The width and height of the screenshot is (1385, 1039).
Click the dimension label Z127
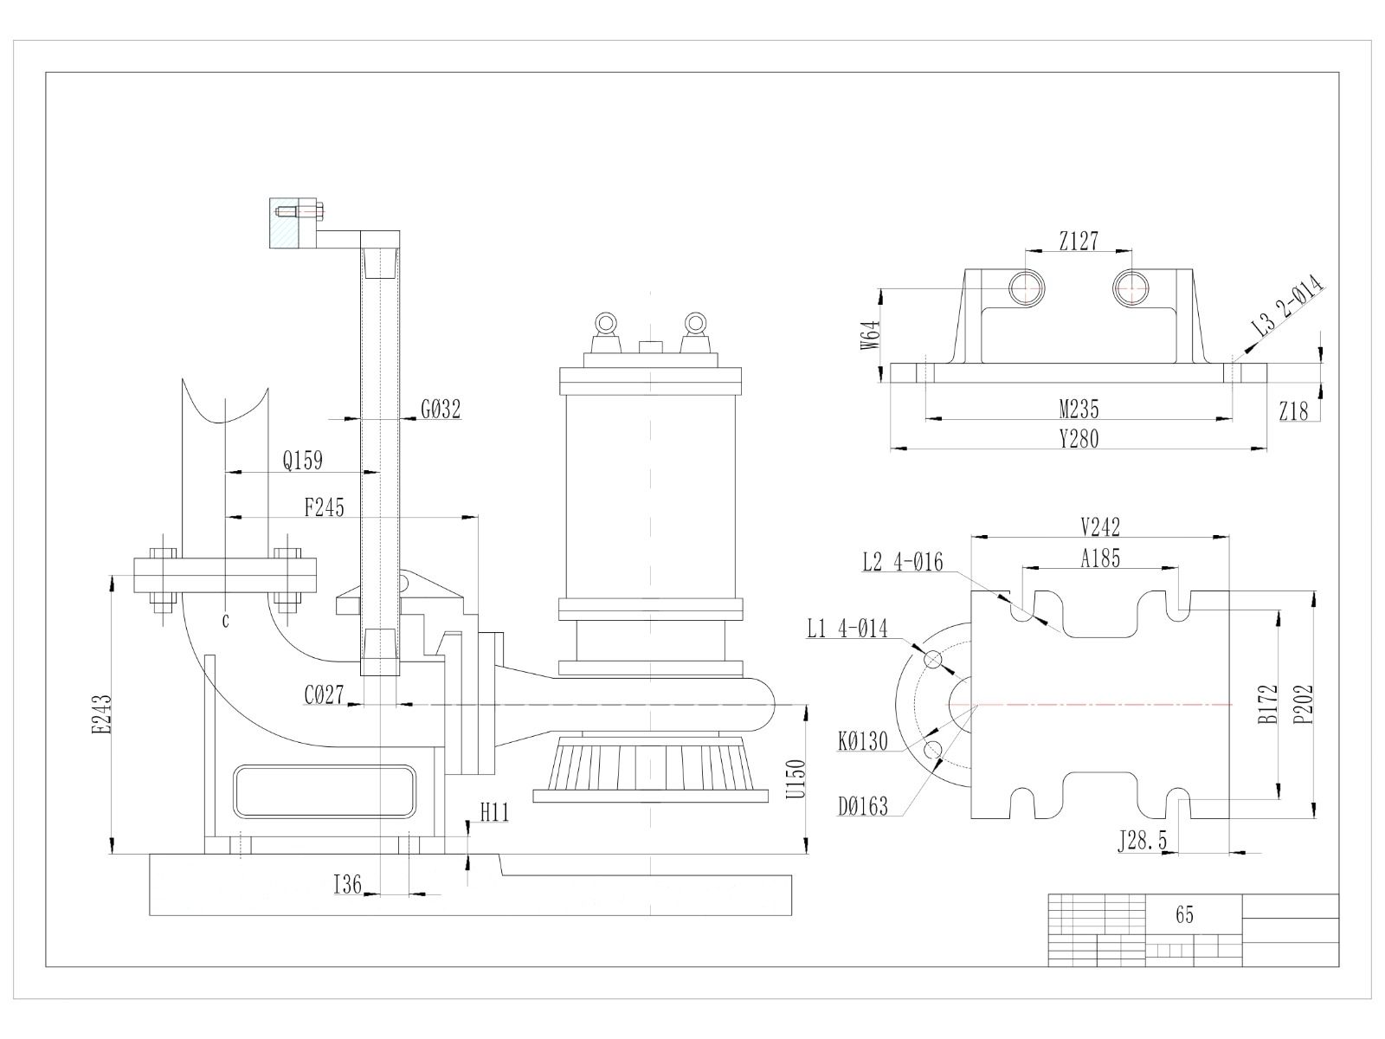point(1079,241)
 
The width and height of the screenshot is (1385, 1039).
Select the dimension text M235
point(1079,410)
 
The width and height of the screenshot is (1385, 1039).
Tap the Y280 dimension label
point(1079,438)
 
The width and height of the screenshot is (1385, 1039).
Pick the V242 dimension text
point(1100,526)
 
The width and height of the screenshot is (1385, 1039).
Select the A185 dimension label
point(1100,558)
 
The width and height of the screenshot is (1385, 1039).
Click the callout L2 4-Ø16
point(902,561)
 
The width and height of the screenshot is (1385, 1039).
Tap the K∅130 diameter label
point(862,741)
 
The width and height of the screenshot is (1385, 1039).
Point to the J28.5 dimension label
point(1142,841)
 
